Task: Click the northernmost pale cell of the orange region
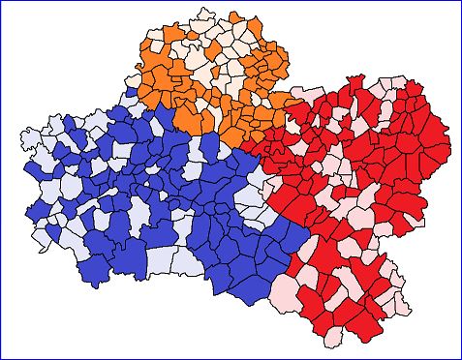tap(204, 16)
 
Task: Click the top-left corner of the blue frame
tap(2, 2)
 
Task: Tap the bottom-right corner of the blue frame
tap(460, 358)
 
